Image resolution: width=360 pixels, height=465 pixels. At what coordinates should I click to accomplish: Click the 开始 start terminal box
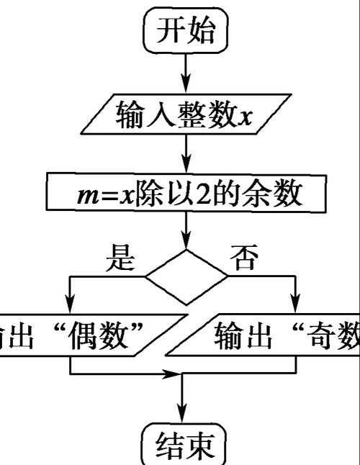186,30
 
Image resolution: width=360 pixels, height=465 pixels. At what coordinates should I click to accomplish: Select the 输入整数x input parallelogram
186,114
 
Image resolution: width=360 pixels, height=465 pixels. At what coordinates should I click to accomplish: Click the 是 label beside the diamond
120,258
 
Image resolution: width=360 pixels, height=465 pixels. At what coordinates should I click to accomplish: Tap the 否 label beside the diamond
246,258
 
